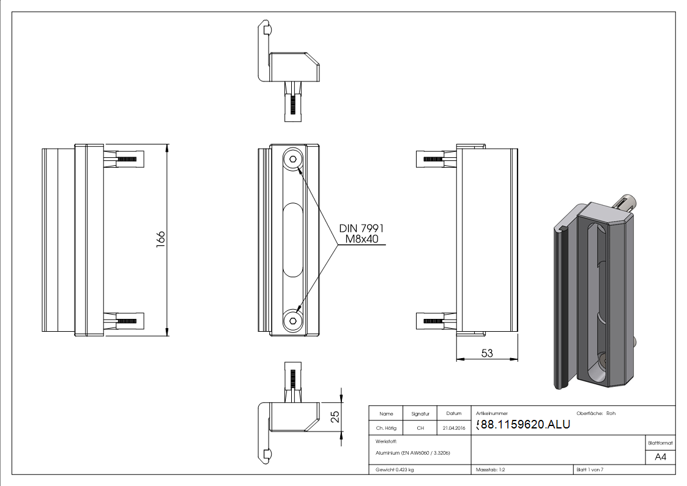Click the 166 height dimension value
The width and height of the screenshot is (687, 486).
click(161, 239)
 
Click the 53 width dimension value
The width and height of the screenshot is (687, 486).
click(487, 353)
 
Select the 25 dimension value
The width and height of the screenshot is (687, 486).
click(335, 417)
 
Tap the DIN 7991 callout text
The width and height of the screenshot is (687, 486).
click(362, 228)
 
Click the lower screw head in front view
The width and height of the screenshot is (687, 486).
click(294, 320)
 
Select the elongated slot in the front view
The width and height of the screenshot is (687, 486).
click(293, 241)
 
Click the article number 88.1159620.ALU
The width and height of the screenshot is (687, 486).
click(523, 425)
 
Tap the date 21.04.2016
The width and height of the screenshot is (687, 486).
click(453, 428)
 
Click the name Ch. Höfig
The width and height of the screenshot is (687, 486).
click(386, 428)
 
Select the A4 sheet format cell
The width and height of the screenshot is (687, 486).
click(660, 456)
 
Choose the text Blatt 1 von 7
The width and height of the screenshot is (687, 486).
click(590, 469)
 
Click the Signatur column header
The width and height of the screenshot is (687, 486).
click(420, 414)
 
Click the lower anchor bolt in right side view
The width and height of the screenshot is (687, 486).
click(436, 321)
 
